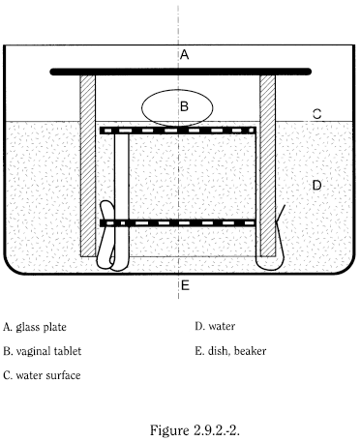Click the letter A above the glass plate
[184, 55]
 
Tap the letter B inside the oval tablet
[184, 105]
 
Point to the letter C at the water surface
[316, 114]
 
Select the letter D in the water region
[316, 183]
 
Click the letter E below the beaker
[184, 285]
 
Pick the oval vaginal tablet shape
[160, 106]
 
